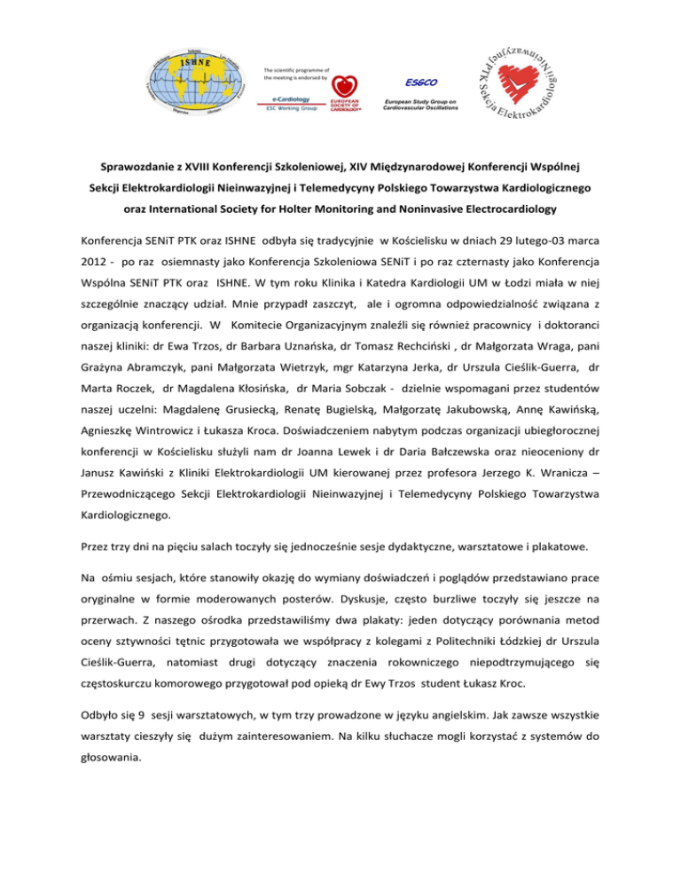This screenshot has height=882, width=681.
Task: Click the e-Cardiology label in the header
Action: (x=288, y=100)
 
